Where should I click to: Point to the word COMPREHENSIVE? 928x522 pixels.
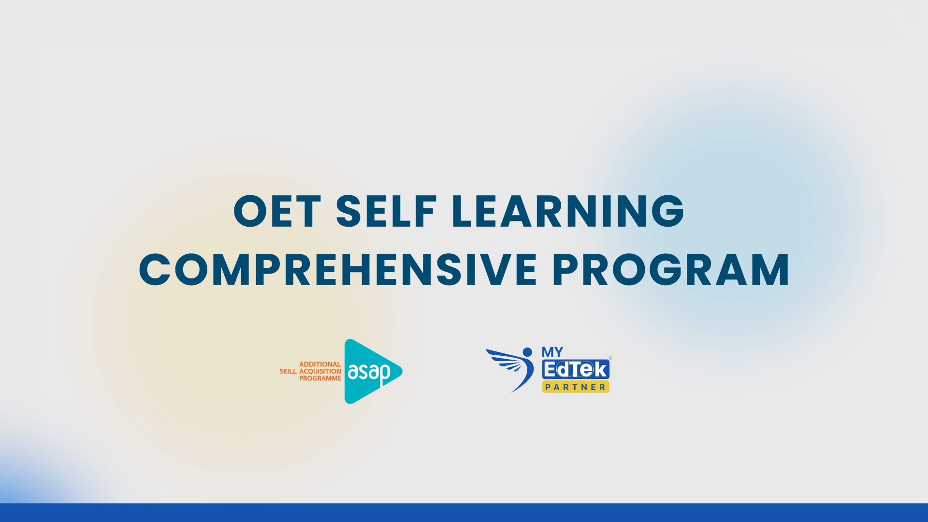point(338,269)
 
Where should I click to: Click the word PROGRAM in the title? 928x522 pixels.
point(671,269)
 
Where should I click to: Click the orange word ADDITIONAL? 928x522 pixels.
point(320,364)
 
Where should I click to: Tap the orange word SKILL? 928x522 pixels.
point(288,371)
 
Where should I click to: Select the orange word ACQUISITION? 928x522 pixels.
point(320,371)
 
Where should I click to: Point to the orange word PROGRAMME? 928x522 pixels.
point(320,378)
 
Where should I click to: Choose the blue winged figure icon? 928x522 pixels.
point(510,369)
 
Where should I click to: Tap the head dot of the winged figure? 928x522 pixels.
point(527,352)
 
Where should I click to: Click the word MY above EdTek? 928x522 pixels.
point(552,352)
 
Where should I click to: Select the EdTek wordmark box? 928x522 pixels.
point(576,370)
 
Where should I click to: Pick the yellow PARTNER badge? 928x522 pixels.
point(576,387)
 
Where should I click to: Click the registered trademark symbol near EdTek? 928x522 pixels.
point(610,358)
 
